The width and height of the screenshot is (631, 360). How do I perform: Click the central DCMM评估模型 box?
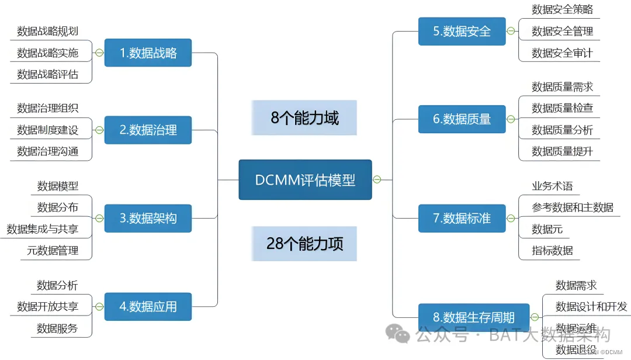pos(305,180)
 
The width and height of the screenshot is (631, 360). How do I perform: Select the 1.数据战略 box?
pos(148,53)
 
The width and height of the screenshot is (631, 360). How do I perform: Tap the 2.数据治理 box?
pos(148,130)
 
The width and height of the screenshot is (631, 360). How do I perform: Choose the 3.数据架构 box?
pos(148,218)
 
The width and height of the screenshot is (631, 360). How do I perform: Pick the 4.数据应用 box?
pos(148,306)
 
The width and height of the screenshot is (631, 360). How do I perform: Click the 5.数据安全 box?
pos(462,31)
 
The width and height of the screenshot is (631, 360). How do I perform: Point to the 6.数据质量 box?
pos(462,119)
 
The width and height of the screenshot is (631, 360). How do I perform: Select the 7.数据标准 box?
pos(462,218)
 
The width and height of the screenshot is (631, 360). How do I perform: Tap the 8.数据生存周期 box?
pos(473,317)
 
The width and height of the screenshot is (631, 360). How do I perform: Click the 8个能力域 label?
pos(304,118)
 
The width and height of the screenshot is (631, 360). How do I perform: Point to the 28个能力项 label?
pos(304,244)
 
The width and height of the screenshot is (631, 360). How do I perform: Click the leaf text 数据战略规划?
pos(48,31)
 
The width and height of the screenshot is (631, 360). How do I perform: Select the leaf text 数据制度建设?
pos(48,130)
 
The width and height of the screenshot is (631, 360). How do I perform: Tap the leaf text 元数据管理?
pos(53,251)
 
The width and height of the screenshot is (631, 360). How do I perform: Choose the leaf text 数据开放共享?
pos(48,306)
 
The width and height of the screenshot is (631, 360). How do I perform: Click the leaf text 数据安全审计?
pos(562,53)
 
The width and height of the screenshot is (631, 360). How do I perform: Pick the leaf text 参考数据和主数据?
pos(573,207)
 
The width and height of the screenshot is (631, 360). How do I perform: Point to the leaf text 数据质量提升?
pos(562,151)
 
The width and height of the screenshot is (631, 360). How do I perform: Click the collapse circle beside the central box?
pos(377,179)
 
